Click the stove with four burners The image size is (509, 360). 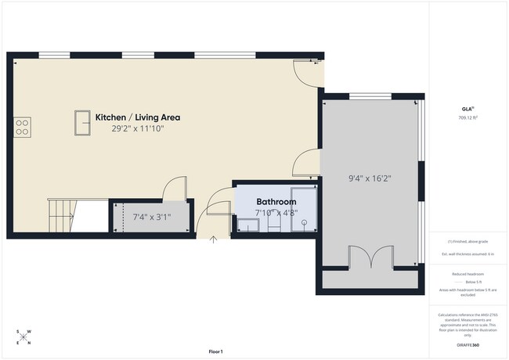tap(23, 126)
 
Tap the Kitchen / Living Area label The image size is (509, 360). tap(138, 117)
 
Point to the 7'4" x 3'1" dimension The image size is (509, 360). tap(151, 217)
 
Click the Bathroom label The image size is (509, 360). tap(276, 201)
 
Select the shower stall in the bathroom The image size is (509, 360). tap(301, 211)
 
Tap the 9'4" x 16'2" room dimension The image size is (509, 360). tap(369, 178)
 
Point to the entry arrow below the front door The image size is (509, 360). tap(214, 240)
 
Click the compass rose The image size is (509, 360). tap(24, 337)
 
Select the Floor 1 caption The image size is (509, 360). tap(215, 351)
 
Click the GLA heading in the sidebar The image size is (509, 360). tap(467, 108)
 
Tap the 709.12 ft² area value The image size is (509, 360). tap(467, 118)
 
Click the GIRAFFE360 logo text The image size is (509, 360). tap(467, 345)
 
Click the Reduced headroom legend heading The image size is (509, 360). tap(467, 274)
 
